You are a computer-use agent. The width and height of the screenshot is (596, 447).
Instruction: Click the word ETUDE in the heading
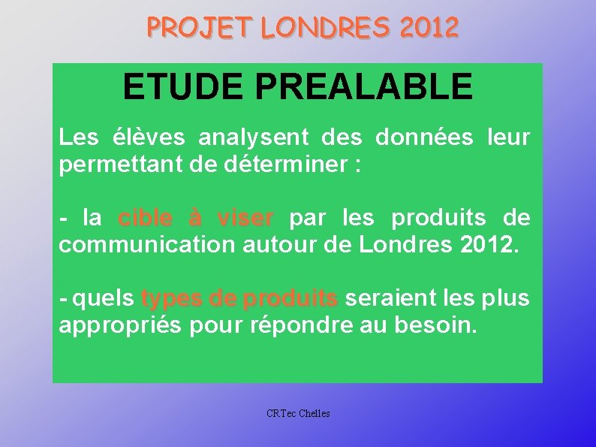184,86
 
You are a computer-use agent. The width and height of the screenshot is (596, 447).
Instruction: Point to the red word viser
245,219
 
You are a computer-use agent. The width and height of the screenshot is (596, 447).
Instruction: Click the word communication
147,246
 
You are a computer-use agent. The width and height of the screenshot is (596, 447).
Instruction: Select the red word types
170,299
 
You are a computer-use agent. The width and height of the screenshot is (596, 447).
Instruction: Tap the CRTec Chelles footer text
298,413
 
